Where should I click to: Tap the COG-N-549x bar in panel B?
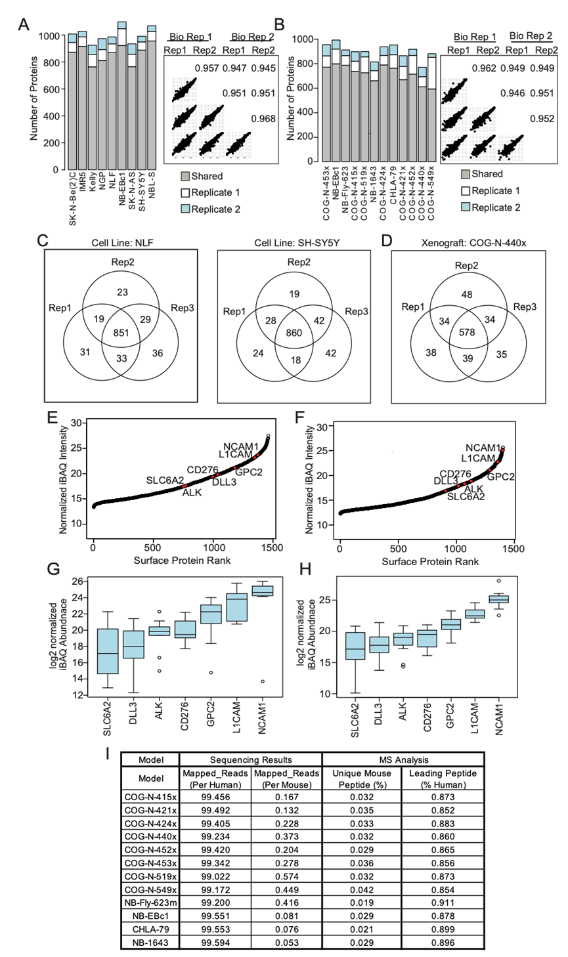tap(431, 108)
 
